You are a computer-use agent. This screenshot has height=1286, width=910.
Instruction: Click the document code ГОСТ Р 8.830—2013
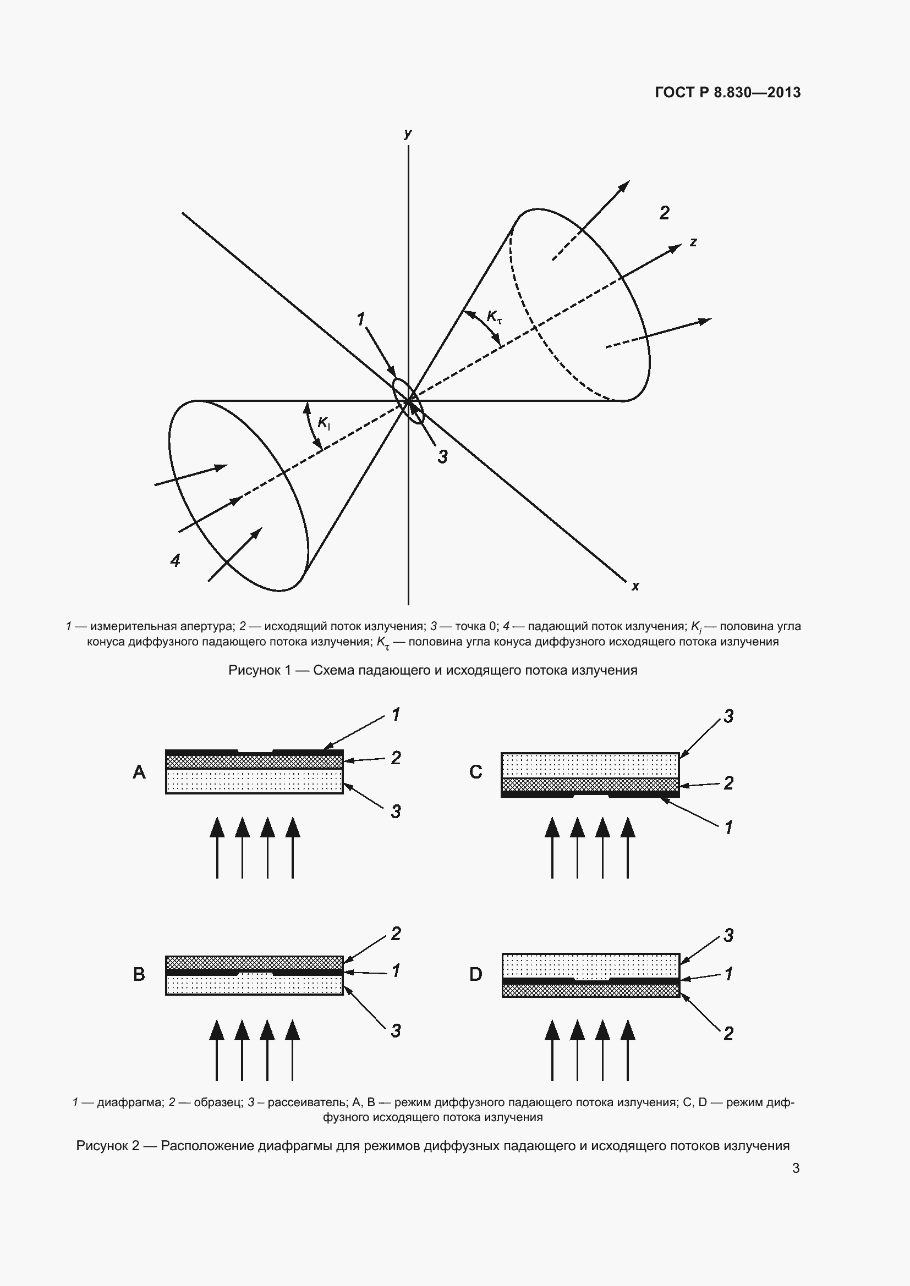tap(727, 92)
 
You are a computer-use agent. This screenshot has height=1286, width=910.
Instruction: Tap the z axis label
tap(693, 242)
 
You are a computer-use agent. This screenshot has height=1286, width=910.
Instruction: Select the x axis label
tap(635, 587)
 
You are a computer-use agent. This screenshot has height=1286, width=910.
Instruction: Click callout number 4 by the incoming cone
tap(176, 560)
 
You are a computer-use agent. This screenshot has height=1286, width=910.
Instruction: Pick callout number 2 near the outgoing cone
tap(664, 213)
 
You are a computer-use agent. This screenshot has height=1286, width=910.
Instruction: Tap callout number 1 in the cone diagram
tap(361, 319)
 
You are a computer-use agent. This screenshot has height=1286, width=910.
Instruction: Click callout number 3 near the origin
tap(443, 457)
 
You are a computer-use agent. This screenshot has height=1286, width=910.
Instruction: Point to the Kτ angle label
tap(494, 317)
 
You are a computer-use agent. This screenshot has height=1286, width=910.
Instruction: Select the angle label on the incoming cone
tap(324, 423)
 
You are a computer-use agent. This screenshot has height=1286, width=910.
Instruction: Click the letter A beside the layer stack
tap(139, 772)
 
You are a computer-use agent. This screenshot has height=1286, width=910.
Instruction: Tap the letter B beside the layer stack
tap(139, 975)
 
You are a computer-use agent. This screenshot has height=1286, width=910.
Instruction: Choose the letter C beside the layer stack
tap(475, 772)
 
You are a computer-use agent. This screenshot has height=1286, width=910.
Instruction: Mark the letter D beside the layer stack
tap(475, 975)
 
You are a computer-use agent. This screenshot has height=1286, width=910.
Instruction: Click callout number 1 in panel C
tap(728, 827)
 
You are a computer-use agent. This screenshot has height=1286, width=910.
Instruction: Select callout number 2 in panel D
tap(728, 1034)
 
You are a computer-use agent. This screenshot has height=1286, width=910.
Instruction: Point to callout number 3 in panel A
tap(396, 812)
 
